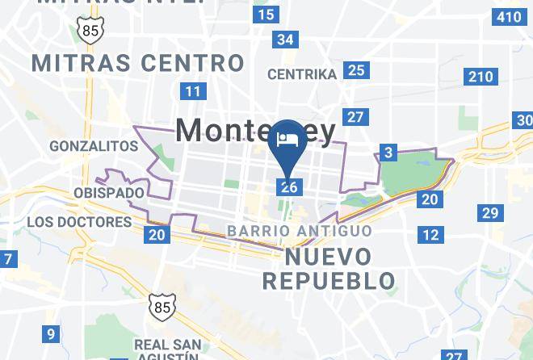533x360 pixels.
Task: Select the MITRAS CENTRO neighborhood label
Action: (137, 62)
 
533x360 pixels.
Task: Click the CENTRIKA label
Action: (302, 74)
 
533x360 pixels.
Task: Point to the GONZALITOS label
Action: (94, 146)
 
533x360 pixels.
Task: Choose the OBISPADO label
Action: (108, 194)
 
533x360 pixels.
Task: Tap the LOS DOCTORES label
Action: (79, 221)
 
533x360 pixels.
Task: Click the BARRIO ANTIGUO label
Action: (300, 231)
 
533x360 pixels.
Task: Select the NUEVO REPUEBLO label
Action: (329, 270)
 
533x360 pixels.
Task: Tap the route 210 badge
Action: (480, 77)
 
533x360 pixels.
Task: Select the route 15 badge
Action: (266, 14)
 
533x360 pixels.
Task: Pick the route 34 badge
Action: (285, 39)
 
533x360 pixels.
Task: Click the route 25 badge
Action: (355, 70)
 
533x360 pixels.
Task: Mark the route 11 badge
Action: (192, 90)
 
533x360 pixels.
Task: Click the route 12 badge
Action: (431, 234)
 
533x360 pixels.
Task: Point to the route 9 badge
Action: (51, 333)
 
